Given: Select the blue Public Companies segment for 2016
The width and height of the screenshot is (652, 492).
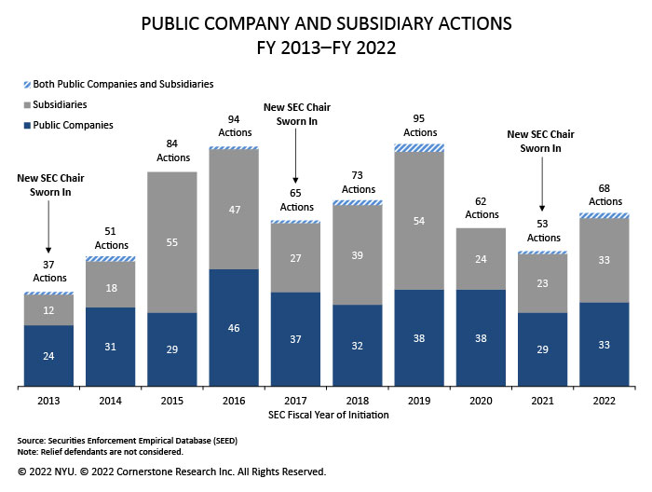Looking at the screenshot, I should pyautogui.click(x=234, y=327).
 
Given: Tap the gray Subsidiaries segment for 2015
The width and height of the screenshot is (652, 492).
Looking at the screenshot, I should pyautogui.click(x=172, y=242).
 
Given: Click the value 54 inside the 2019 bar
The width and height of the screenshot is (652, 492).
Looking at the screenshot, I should pyautogui.click(x=420, y=221).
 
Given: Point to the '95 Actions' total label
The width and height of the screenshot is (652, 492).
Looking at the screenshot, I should pyautogui.click(x=420, y=126).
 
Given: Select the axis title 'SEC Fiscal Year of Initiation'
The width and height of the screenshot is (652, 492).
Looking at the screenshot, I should pyautogui.click(x=327, y=414).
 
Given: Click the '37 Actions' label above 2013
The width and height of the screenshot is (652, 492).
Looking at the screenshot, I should pyautogui.click(x=48, y=271).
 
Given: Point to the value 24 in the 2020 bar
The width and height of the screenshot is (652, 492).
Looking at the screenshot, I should pyautogui.click(x=482, y=259).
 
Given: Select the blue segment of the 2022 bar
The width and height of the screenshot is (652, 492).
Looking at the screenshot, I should pyautogui.click(x=604, y=344).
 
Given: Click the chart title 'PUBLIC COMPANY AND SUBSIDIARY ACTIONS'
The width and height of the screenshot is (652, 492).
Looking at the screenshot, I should pyautogui.click(x=326, y=22).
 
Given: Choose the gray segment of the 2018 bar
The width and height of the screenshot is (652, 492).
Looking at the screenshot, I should pyautogui.click(x=358, y=254).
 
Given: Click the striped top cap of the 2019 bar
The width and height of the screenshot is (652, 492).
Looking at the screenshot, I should pyautogui.click(x=420, y=147).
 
